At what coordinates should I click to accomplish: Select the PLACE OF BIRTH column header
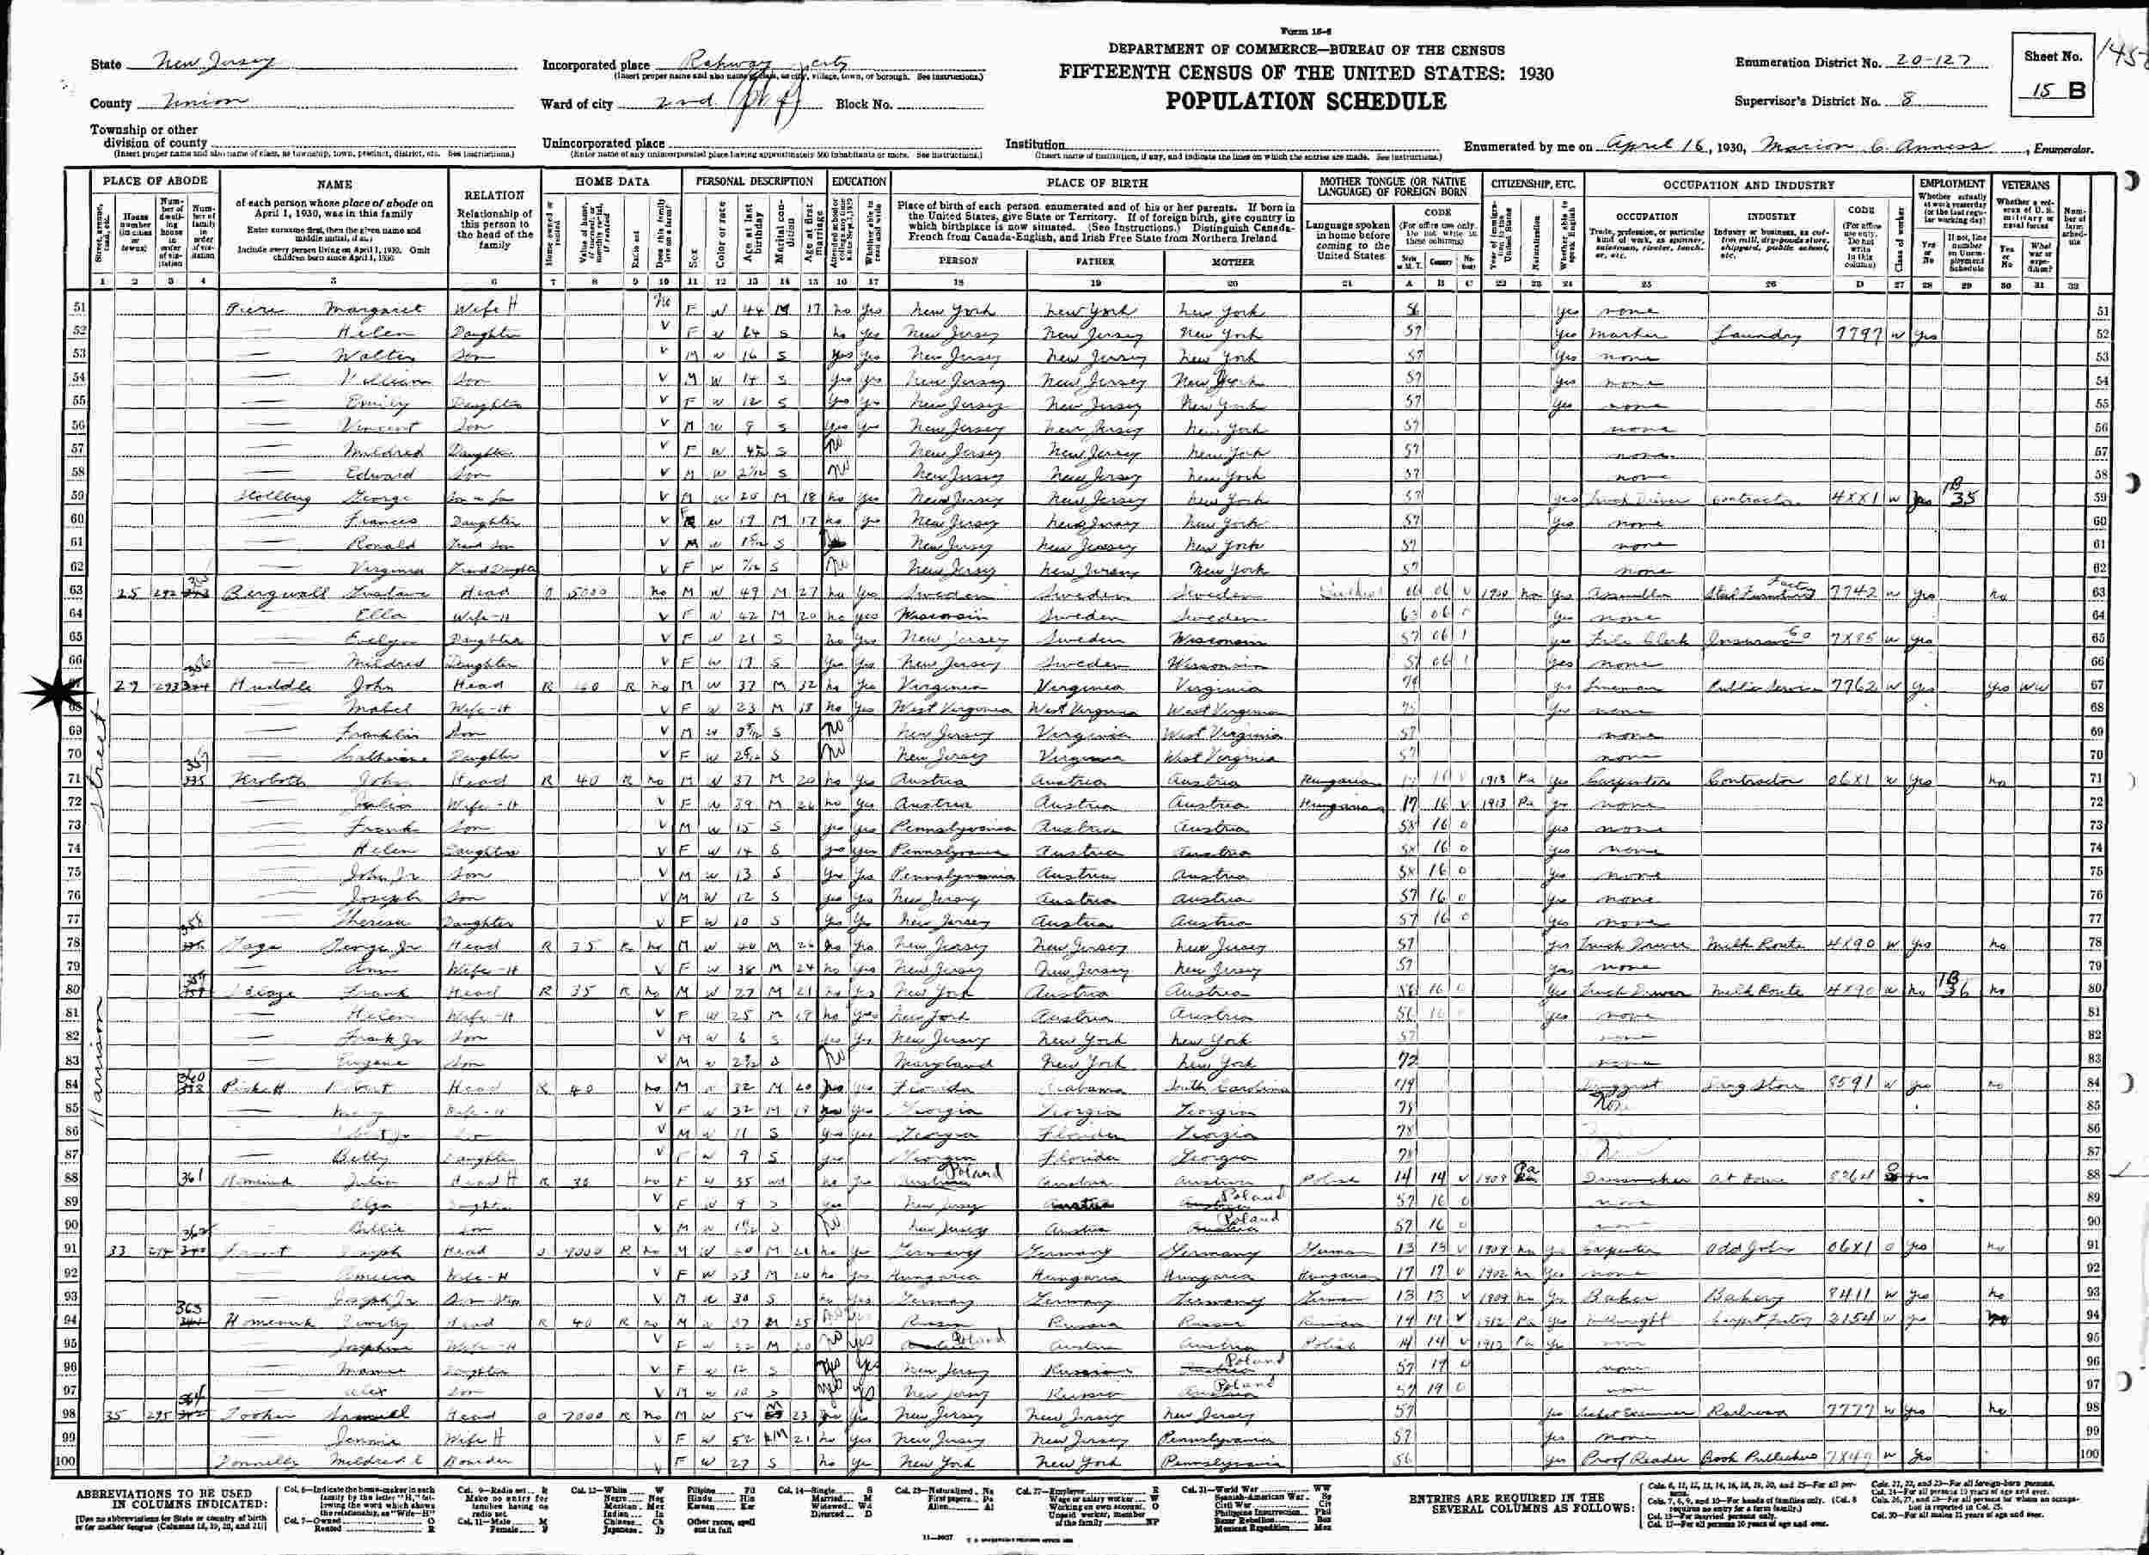point(1096,184)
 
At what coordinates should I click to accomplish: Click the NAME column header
point(334,185)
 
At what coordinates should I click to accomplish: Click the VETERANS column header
point(2027,185)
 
